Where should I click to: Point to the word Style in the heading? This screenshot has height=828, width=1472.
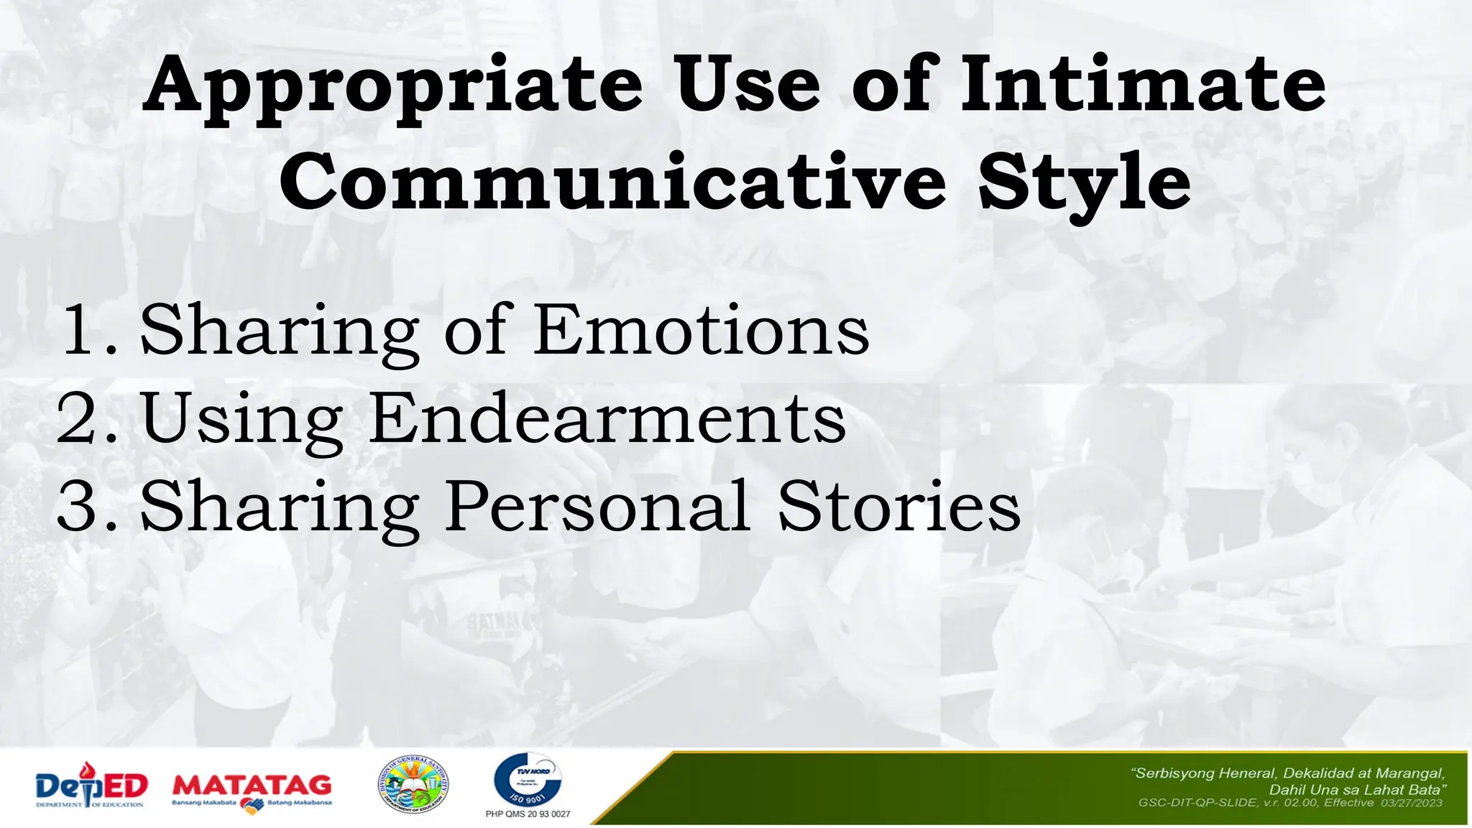point(1084,183)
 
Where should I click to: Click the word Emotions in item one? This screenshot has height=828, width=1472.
point(701,330)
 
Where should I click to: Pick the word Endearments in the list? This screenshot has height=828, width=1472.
point(608,418)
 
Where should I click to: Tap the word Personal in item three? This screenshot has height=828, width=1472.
point(598,507)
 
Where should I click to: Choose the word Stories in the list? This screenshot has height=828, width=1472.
point(898,507)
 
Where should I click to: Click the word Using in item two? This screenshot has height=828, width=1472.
point(242,420)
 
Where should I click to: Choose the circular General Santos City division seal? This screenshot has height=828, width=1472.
point(413,785)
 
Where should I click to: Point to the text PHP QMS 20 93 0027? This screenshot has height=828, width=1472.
point(528,814)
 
